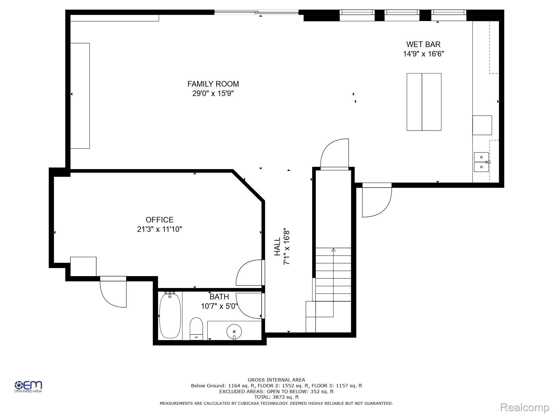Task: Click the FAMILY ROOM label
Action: click(x=213, y=84)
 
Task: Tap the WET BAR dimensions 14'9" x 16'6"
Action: click(x=423, y=54)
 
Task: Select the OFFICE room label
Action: click(x=160, y=220)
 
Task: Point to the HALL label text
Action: click(x=277, y=247)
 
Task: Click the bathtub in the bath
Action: click(x=170, y=315)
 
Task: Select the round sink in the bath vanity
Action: click(x=234, y=331)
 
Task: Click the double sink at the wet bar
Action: click(x=481, y=162)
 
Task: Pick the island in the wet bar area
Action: click(x=424, y=102)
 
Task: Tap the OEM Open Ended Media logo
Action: click(x=28, y=386)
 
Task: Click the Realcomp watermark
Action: click(x=524, y=407)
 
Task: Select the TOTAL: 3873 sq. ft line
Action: click(x=276, y=397)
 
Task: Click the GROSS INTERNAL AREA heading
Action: click(x=276, y=380)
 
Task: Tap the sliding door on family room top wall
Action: click(x=256, y=12)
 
